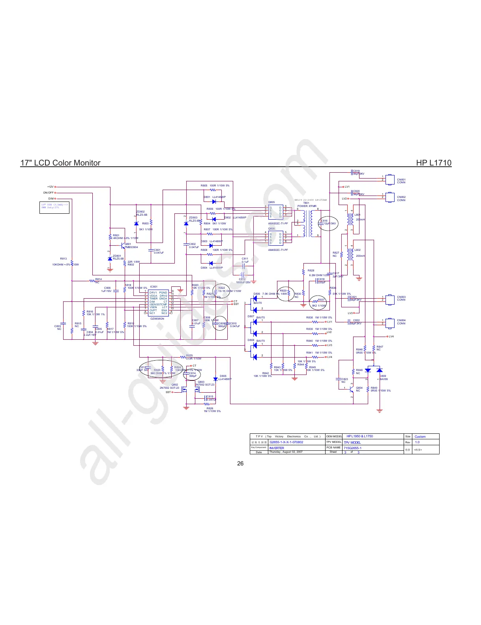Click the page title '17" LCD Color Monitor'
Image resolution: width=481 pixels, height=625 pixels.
tap(60, 163)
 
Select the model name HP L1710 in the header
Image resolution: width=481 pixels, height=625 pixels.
tap(434, 163)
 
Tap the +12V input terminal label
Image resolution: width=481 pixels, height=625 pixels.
tap(50, 187)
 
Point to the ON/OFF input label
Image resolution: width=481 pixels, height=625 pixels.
tap(48, 193)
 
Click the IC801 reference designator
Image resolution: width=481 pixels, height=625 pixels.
tap(153, 287)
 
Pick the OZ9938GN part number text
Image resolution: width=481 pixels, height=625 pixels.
tap(157, 319)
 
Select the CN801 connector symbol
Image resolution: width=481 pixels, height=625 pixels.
tap(390, 179)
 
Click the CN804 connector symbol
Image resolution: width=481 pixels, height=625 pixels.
tap(390, 322)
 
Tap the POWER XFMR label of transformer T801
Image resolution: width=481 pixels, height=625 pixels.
tap(307, 206)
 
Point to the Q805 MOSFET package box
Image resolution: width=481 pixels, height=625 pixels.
tap(275, 212)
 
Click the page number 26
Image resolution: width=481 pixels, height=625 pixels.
tap(240, 463)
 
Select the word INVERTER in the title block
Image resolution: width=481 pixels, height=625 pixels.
tap(277, 448)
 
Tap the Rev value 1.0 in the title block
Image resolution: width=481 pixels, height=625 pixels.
tap(417, 442)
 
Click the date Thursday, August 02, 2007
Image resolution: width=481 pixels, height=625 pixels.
tap(286, 452)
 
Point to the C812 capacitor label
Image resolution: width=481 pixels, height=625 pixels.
tap(242, 279)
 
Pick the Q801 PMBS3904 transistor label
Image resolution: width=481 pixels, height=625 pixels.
tap(131, 246)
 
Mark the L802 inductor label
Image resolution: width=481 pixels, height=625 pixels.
tap(357, 250)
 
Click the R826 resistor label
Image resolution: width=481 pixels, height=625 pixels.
tap(210, 409)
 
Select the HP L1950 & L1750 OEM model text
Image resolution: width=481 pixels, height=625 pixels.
tap(359, 436)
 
